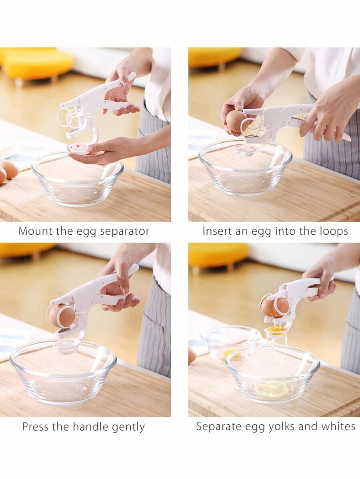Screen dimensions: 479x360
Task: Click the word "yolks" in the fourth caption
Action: coord(280,427)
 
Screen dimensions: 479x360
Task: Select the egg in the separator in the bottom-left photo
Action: coord(61,314)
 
